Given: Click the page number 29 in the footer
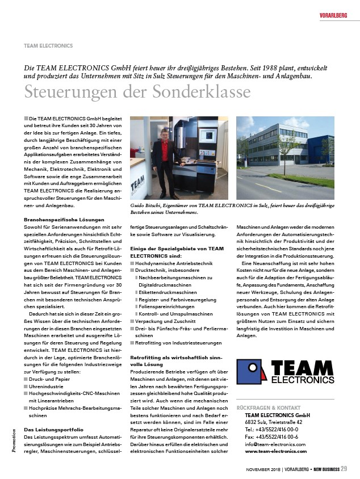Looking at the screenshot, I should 344,469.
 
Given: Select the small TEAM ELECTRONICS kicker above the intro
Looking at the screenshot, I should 48,45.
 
